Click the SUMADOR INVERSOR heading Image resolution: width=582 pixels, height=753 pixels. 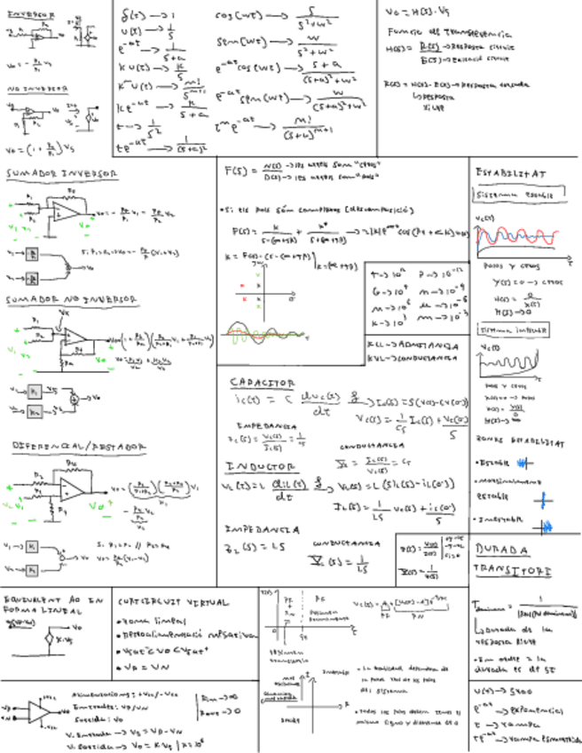61,174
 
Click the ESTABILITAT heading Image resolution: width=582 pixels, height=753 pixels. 510,171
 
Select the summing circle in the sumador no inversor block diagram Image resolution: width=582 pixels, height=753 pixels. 74,400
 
